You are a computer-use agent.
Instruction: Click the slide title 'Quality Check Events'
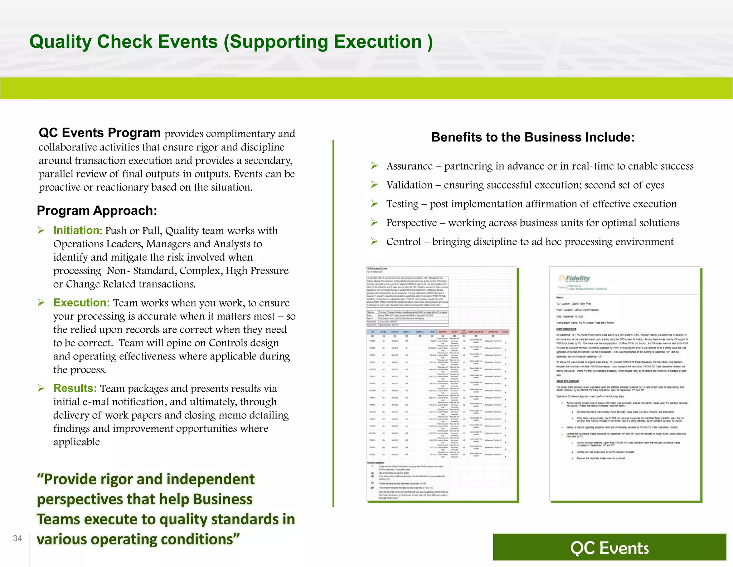click(231, 42)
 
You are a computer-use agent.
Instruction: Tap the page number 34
click(18, 538)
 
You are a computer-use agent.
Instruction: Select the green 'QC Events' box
click(609, 547)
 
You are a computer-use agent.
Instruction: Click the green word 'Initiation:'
click(78, 230)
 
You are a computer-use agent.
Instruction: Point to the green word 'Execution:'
click(81, 303)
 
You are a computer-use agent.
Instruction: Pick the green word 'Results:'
click(75, 389)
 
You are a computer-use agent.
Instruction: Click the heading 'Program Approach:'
click(97, 211)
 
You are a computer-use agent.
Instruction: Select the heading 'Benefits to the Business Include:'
click(533, 137)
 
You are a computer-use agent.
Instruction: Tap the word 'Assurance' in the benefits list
click(409, 166)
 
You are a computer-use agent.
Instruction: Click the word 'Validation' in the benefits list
click(409, 185)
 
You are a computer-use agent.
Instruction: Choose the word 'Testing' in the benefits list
click(402, 204)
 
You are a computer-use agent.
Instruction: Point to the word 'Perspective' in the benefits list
click(412, 223)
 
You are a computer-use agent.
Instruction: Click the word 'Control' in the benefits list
click(403, 242)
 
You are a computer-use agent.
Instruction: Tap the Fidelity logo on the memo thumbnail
click(574, 278)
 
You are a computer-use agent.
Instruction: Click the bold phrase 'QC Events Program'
click(99, 133)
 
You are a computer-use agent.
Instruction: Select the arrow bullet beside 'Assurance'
click(374, 166)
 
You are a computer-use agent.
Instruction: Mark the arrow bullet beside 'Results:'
click(41, 388)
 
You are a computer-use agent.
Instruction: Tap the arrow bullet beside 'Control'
click(374, 241)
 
